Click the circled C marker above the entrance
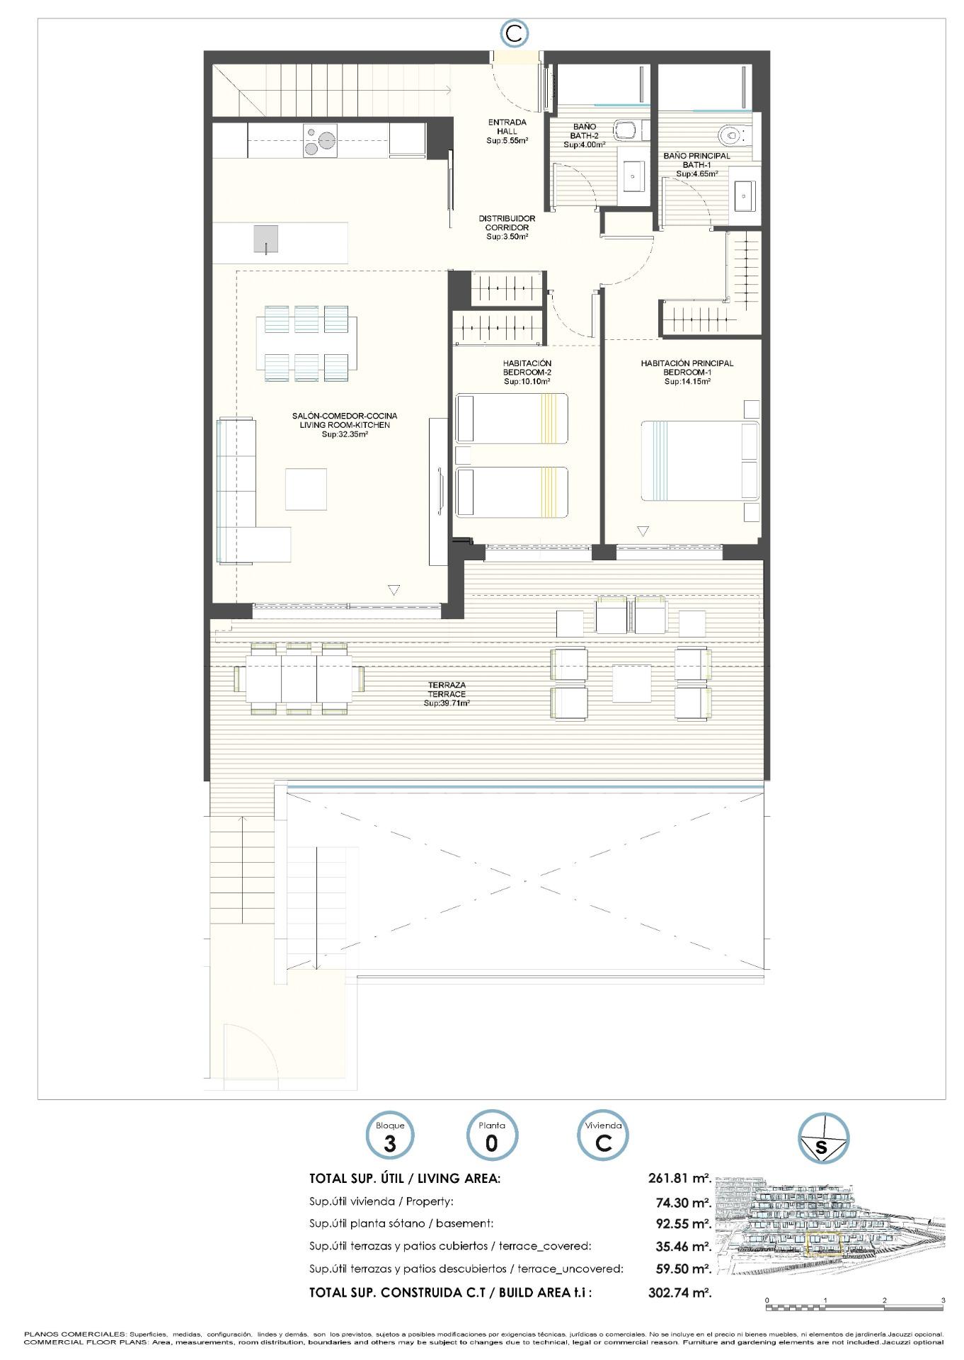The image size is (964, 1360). click(x=515, y=33)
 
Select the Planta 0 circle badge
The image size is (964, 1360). click(x=491, y=1135)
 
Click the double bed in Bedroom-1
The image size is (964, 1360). click(x=699, y=460)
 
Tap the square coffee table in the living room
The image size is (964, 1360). click(x=306, y=489)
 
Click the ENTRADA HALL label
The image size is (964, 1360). click(x=507, y=127)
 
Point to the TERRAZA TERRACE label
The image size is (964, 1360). click(x=447, y=689)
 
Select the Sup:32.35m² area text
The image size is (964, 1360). click(x=345, y=434)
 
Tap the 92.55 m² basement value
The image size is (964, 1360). click(x=684, y=1223)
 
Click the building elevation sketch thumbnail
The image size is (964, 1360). click(x=830, y=1225)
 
